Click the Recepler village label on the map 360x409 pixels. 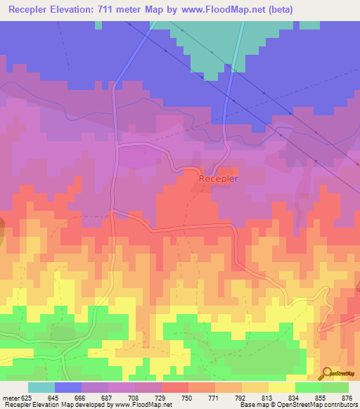click(219, 178)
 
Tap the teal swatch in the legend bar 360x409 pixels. click(41, 388)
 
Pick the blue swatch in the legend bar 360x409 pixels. click(68, 388)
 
